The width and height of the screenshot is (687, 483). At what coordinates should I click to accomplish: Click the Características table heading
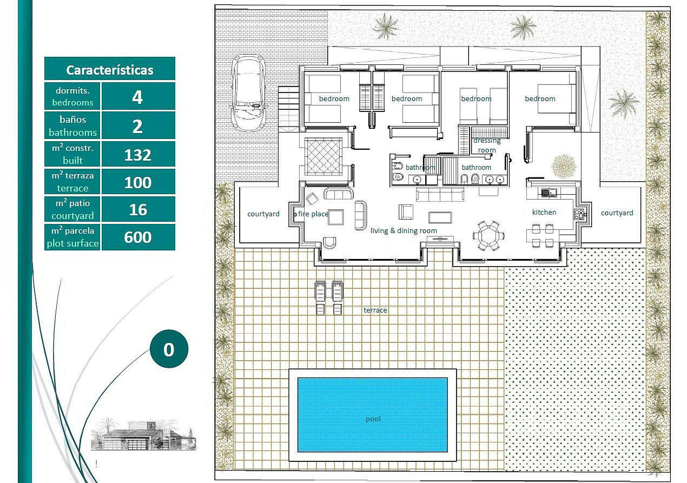tap(110, 70)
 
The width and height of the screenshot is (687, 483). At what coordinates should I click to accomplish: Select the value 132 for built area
tap(138, 155)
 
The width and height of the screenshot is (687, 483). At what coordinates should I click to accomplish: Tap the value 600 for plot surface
tap(138, 237)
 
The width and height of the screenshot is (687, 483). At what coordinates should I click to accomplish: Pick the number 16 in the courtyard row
tap(138, 210)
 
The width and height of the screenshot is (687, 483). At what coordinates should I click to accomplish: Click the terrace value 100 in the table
tap(138, 182)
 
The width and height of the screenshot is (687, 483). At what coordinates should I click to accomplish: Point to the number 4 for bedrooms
tap(137, 97)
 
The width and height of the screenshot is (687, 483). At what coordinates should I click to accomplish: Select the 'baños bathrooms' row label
tap(72, 125)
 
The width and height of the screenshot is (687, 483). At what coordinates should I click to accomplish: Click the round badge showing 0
tap(169, 349)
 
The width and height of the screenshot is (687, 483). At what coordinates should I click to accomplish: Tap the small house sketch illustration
tap(143, 435)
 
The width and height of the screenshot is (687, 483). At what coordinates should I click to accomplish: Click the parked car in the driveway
tap(249, 93)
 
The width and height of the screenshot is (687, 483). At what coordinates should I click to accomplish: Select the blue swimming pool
tap(373, 415)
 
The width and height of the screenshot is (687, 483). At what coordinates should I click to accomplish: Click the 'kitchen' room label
tap(544, 212)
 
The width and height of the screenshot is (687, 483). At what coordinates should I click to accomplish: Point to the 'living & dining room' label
tap(404, 230)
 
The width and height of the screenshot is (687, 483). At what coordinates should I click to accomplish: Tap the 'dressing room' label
tap(487, 145)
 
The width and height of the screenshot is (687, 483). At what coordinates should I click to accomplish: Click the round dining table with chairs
tap(489, 235)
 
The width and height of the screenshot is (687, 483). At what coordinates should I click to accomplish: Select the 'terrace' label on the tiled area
tap(375, 310)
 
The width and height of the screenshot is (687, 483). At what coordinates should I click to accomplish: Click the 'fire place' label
tap(313, 214)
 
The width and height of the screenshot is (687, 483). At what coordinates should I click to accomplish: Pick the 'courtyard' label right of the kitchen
tap(617, 213)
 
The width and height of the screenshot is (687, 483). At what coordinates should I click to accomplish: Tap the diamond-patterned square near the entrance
tap(323, 156)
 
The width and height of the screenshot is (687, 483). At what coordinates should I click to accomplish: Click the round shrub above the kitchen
tap(564, 167)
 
